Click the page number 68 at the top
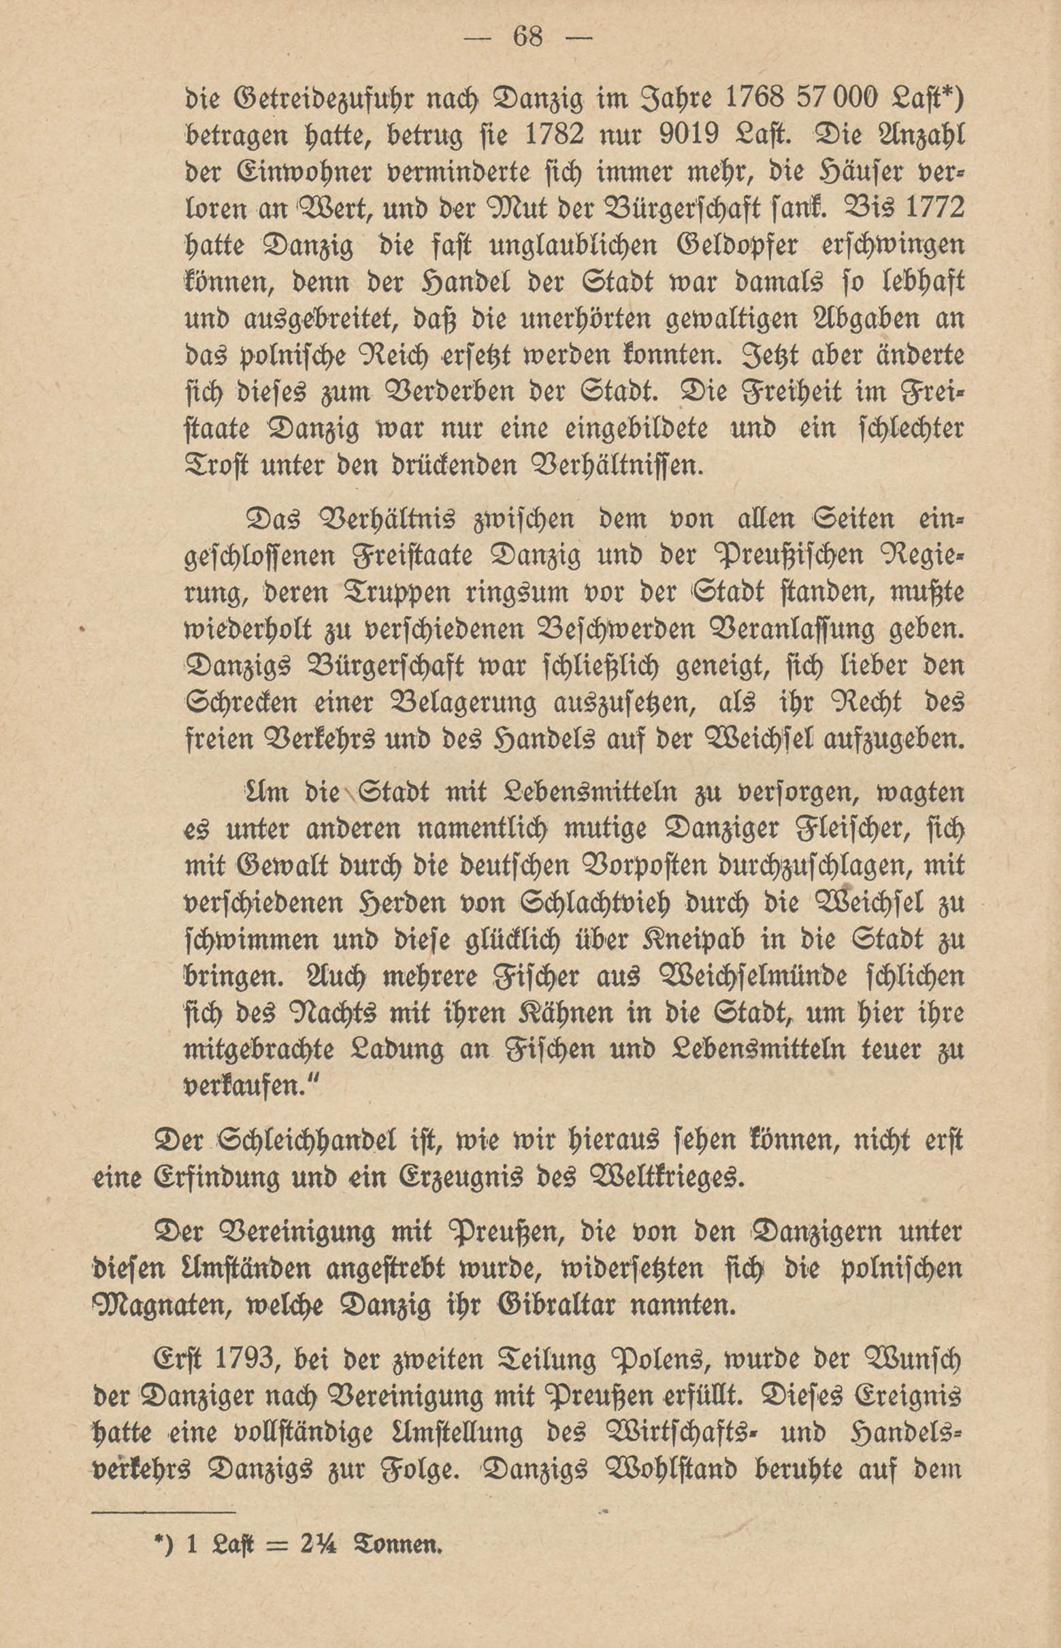(x=528, y=37)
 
